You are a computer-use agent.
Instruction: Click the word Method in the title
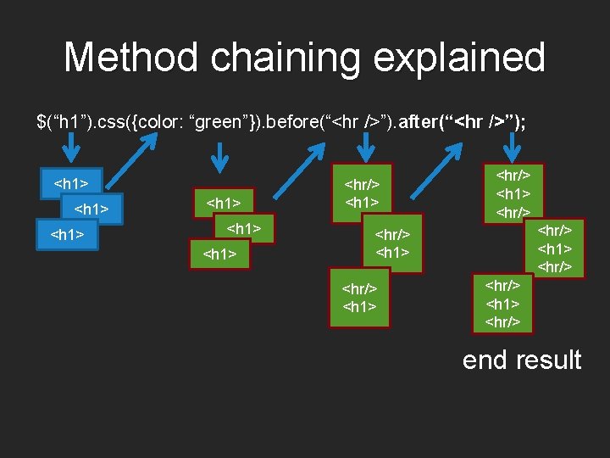pyautogui.click(x=131, y=58)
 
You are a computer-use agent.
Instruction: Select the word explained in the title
pyautogui.click(x=458, y=58)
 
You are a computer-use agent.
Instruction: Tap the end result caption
pyautogui.click(x=522, y=360)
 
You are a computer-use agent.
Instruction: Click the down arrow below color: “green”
pyautogui.click(x=219, y=155)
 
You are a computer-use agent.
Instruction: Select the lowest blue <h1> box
pyautogui.click(x=68, y=235)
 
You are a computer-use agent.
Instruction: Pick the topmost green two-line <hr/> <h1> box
pyautogui.click(x=362, y=193)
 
